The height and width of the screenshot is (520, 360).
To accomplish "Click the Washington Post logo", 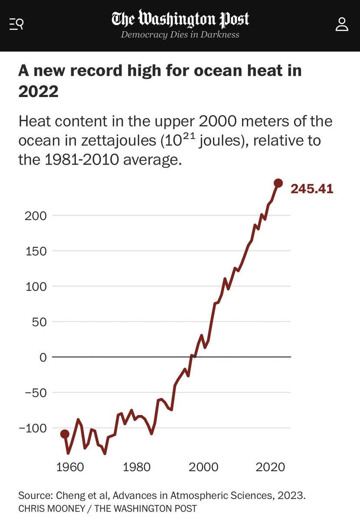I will click(x=180, y=19).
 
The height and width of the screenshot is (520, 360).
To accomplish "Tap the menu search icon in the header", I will click(x=16, y=24).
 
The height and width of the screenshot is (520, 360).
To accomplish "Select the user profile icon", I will click(x=342, y=24).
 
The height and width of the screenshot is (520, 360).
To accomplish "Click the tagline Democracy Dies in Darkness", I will click(x=180, y=35).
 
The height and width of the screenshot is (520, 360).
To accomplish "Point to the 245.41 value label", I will click(x=312, y=188).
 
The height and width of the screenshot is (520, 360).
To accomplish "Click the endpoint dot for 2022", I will click(x=278, y=183).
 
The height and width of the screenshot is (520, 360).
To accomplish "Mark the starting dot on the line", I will click(x=65, y=434).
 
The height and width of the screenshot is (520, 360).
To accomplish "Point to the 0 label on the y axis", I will click(x=43, y=357).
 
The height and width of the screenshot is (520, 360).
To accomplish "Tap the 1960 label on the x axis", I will click(x=70, y=468).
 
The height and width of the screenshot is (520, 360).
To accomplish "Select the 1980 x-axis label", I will click(x=136, y=468).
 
